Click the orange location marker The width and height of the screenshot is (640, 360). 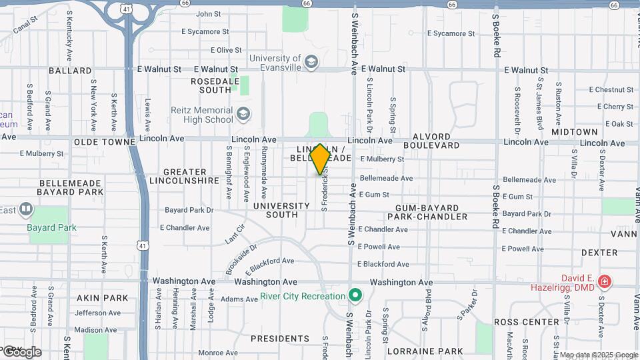[320, 159]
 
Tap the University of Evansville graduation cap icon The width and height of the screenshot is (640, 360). [311, 63]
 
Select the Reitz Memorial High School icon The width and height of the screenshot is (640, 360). [244, 114]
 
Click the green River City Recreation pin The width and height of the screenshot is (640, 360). [356, 295]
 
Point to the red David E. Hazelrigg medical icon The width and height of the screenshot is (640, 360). [605, 282]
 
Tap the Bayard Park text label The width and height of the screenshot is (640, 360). [51, 227]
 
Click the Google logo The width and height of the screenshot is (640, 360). [21, 351]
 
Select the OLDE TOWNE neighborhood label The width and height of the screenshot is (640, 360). [100, 142]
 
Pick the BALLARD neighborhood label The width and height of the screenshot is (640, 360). [70, 70]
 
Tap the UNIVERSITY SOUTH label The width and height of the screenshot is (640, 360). [281, 211]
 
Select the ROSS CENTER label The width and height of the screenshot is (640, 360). [527, 321]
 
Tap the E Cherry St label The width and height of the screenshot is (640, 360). [615, 107]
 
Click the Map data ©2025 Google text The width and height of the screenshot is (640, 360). [599, 355]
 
